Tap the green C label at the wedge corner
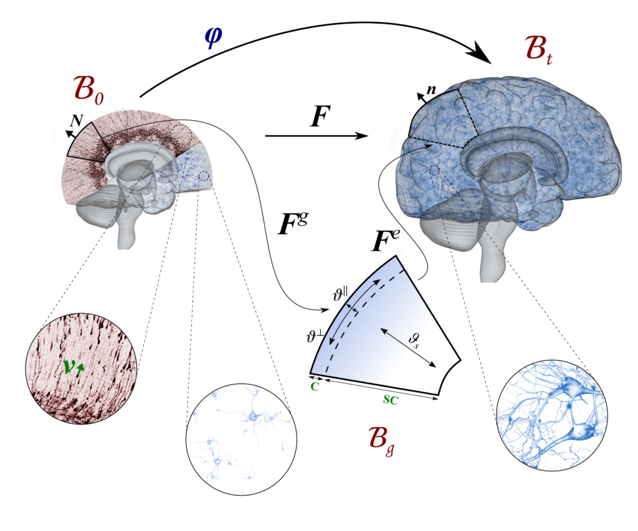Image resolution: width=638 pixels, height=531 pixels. [x=315, y=387]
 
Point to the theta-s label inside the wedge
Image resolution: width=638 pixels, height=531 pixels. [x=414, y=339]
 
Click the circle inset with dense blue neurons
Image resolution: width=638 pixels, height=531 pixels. [x=548, y=414]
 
